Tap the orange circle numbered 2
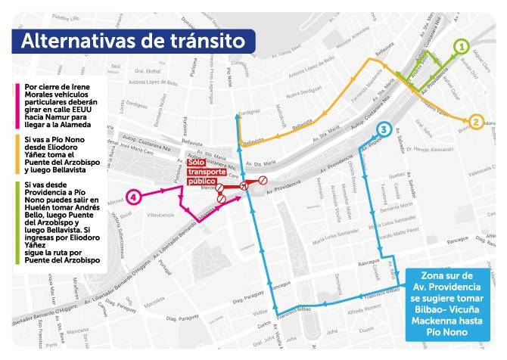[476, 121]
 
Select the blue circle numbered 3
[384, 130]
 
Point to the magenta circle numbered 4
[133, 197]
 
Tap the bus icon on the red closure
[243, 186]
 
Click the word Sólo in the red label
[197, 163]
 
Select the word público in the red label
[201, 182]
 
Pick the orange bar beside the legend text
[16, 154]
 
